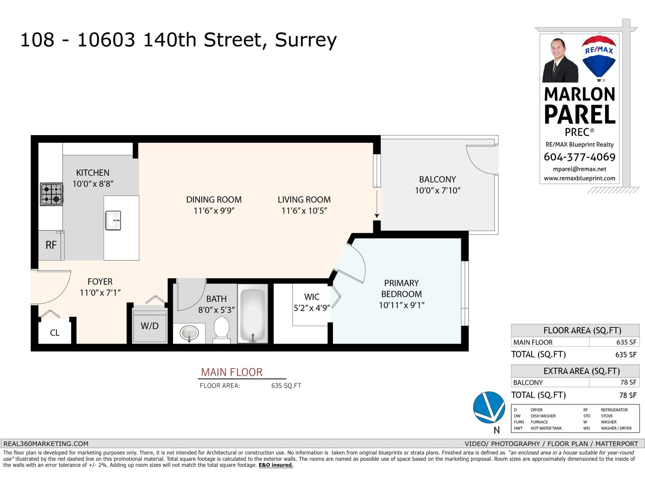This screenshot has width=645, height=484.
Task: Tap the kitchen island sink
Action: pyautogui.click(x=113, y=220)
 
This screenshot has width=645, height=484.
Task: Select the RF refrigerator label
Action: pyautogui.click(x=51, y=245)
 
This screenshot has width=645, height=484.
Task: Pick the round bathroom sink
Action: pyautogui.click(x=189, y=334)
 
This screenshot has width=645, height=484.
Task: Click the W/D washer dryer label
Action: pyautogui.click(x=150, y=326)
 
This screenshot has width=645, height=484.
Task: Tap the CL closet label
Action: pyautogui.click(x=55, y=333)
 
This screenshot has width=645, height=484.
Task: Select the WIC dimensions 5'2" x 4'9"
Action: pyautogui.click(x=312, y=308)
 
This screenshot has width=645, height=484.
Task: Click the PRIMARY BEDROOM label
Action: pyautogui.click(x=401, y=288)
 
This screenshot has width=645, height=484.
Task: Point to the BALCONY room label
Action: pyautogui.click(x=437, y=179)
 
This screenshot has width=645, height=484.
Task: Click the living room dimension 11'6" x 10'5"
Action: pyautogui.click(x=304, y=211)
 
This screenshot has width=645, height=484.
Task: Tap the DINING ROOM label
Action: pyautogui.click(x=214, y=199)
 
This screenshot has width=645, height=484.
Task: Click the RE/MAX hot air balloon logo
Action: pyautogui.click(x=599, y=56)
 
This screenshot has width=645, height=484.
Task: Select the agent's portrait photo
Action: pyautogui.click(x=560, y=61)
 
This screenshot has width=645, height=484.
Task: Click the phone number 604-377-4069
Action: pyautogui.click(x=579, y=157)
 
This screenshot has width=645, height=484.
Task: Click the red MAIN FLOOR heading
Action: pyautogui.click(x=232, y=372)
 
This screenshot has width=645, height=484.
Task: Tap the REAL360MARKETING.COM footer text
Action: pyautogui.click(x=46, y=444)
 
